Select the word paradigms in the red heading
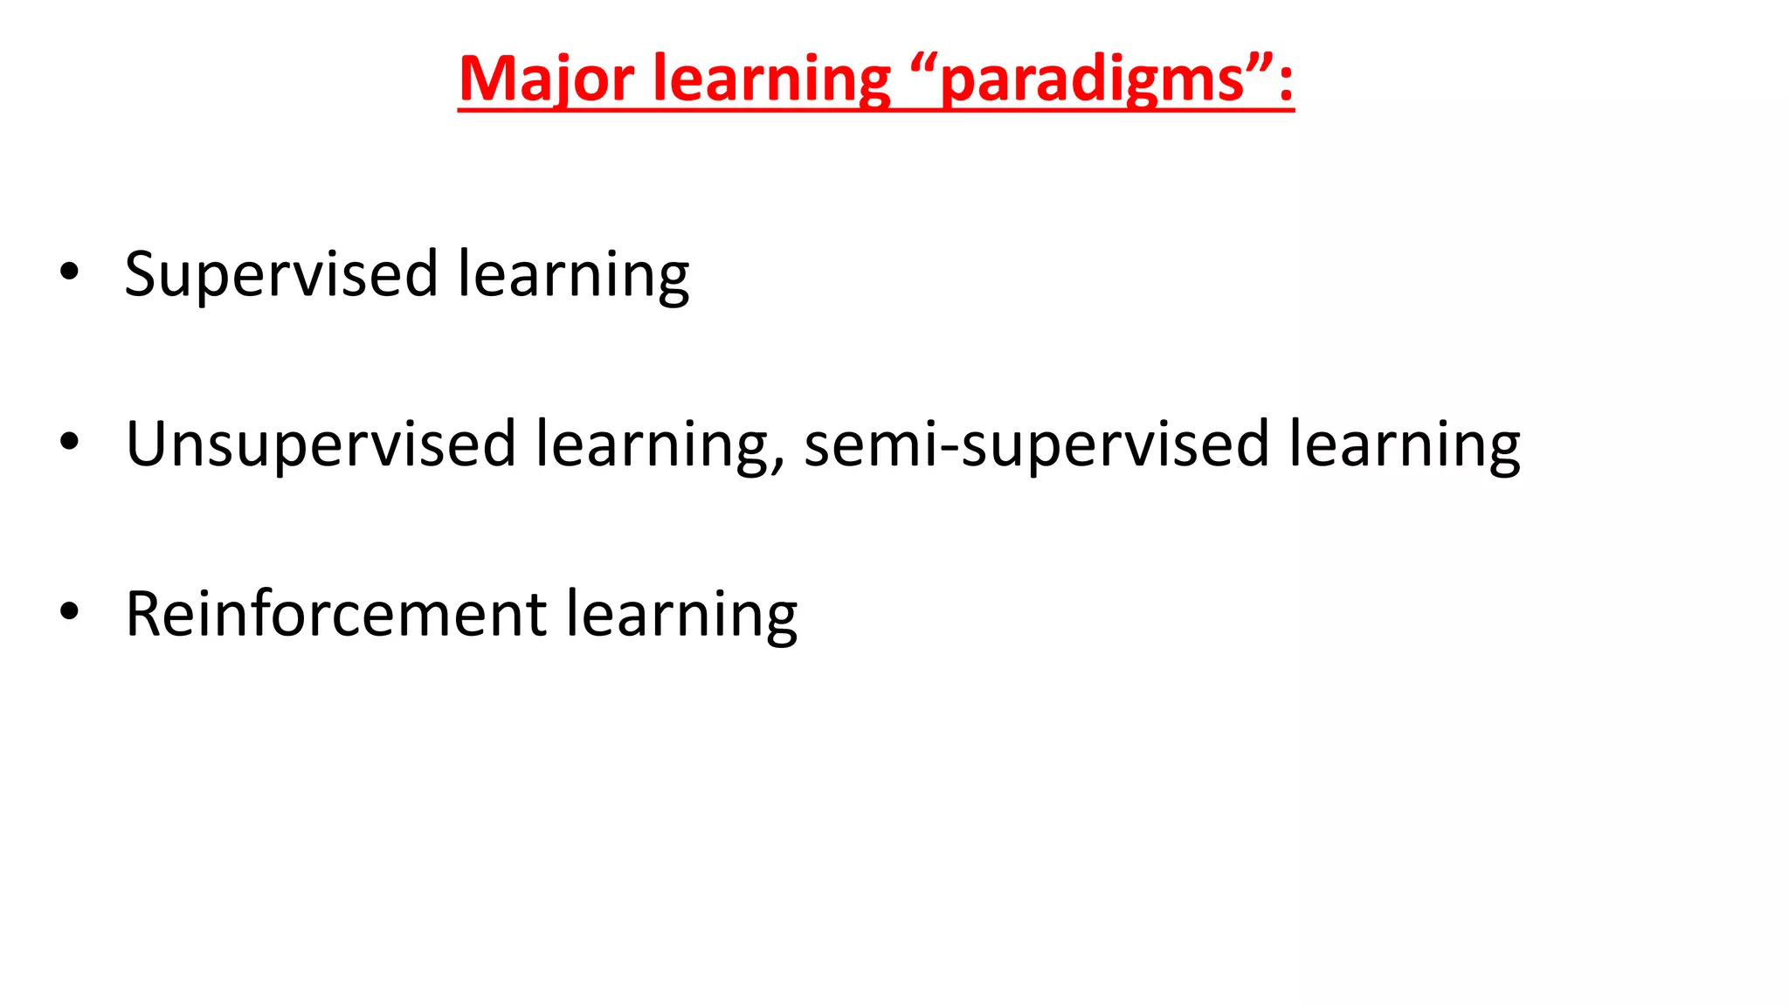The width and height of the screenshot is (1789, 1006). pyautogui.click(x=1093, y=81)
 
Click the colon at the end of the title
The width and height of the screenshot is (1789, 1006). pyautogui.click(x=1285, y=84)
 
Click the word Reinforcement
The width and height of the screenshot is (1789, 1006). pyautogui.click(x=336, y=615)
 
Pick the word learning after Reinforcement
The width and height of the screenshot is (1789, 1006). pyautogui.click(x=681, y=615)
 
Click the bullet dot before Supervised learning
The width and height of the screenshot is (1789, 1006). pyautogui.click(x=69, y=272)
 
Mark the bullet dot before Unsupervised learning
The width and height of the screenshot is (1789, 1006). pyautogui.click(x=69, y=442)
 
